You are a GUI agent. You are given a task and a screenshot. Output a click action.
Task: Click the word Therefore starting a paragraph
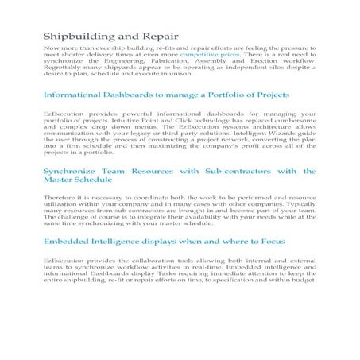click(x=60, y=197)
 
